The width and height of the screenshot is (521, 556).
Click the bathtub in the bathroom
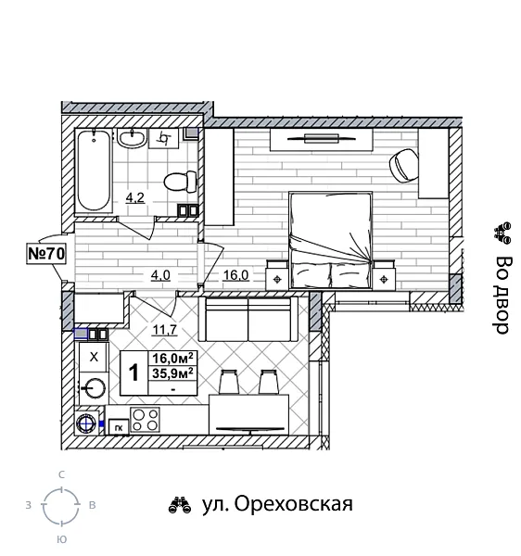(93, 171)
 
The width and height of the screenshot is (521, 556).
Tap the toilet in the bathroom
(176, 179)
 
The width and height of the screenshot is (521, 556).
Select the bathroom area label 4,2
(134, 196)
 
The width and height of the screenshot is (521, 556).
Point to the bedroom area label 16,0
(235, 274)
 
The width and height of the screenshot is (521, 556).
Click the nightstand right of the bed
(384, 274)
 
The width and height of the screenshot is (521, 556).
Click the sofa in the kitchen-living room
(248, 320)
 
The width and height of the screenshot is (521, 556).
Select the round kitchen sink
(93, 388)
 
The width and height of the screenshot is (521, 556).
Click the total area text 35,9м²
(172, 374)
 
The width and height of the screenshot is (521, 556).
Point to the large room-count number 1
(133, 373)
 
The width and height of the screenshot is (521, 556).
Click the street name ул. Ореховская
(276, 505)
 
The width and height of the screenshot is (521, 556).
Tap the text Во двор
(502, 295)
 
